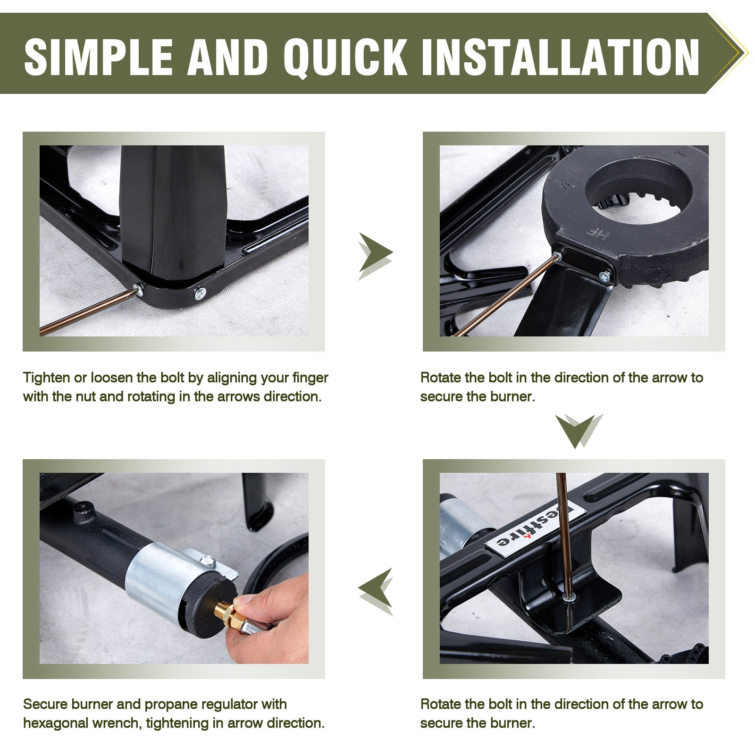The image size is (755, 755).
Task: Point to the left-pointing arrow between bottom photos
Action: pos(375,592)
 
